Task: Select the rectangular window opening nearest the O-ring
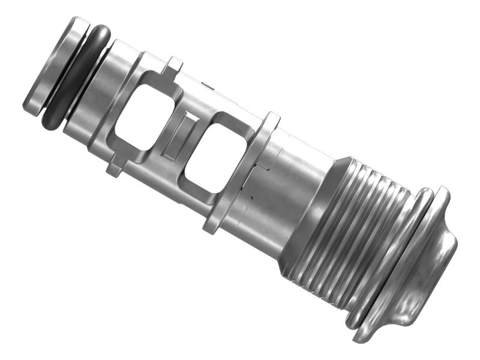pyautogui.click(x=144, y=117)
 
